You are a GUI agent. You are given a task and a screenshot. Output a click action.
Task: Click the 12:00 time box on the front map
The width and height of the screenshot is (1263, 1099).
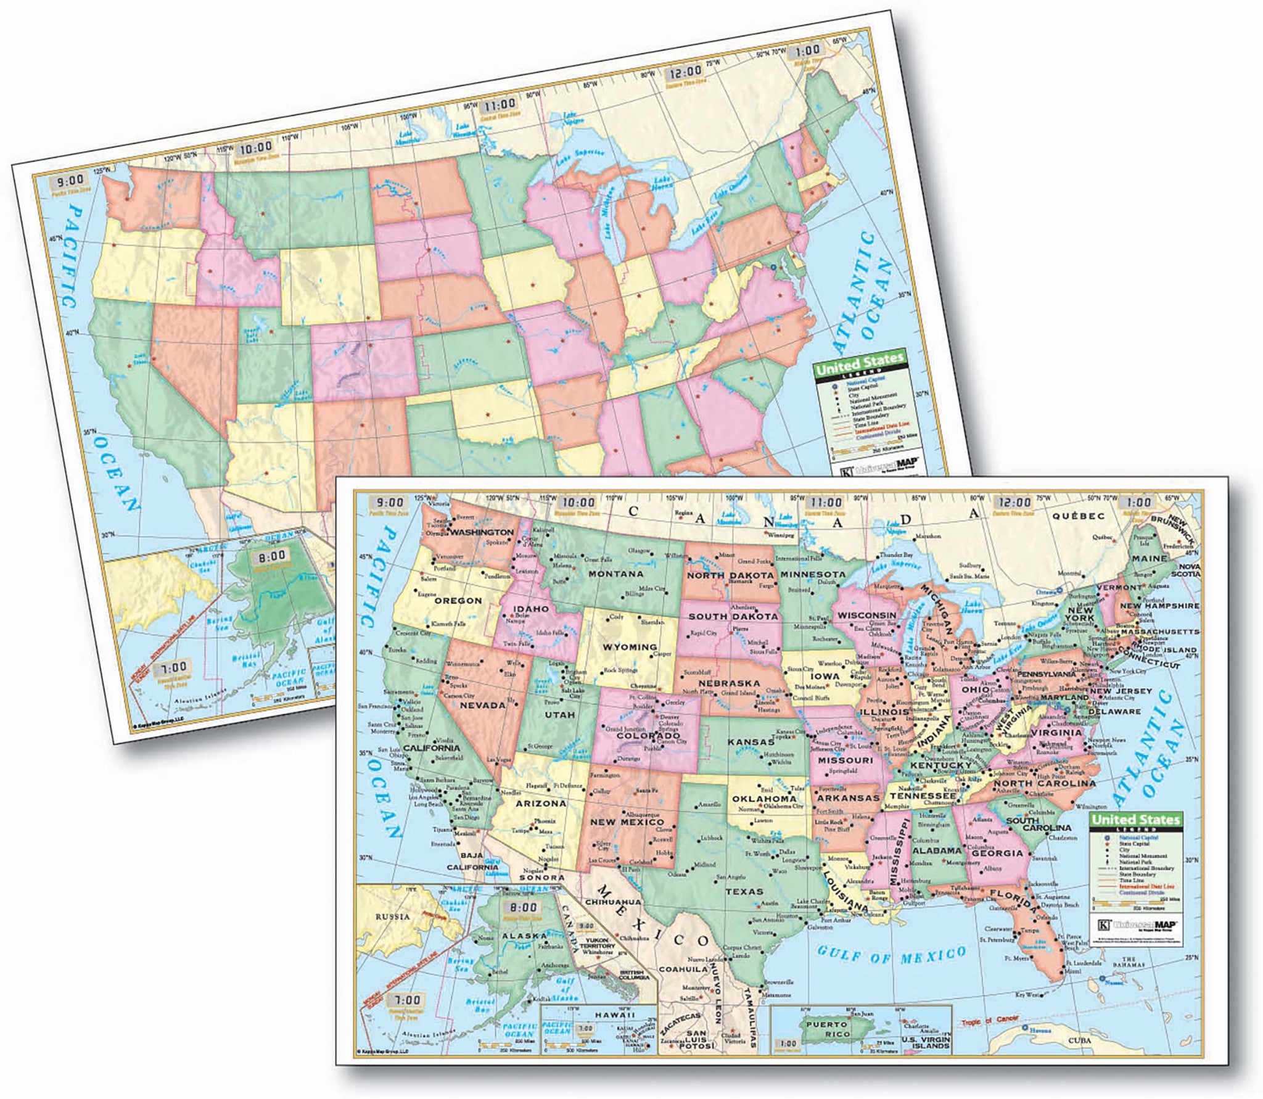point(1011,503)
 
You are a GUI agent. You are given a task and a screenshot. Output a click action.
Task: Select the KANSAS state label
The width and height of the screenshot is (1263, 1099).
point(750,742)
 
